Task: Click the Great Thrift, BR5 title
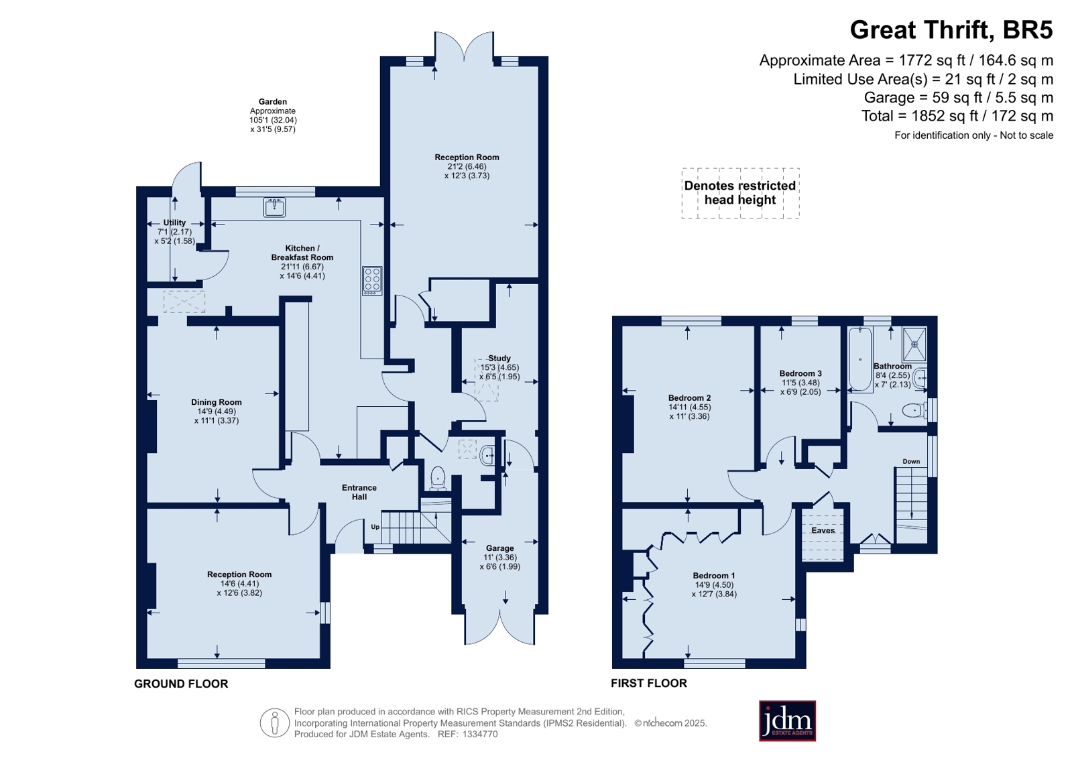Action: point(951,30)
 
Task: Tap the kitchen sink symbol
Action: point(275,206)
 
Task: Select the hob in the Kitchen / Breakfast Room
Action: point(372,280)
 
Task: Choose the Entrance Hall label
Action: point(359,492)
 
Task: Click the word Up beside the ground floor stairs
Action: point(375,527)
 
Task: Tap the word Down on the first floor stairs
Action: point(911,461)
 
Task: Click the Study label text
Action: point(499,358)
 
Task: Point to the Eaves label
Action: point(823,530)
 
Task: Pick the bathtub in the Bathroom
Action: point(860,359)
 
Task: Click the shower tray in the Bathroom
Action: point(914,344)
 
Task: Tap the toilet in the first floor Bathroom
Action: point(914,411)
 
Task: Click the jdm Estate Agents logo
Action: point(787,720)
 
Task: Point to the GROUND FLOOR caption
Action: point(181,684)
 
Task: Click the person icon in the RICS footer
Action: point(275,722)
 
